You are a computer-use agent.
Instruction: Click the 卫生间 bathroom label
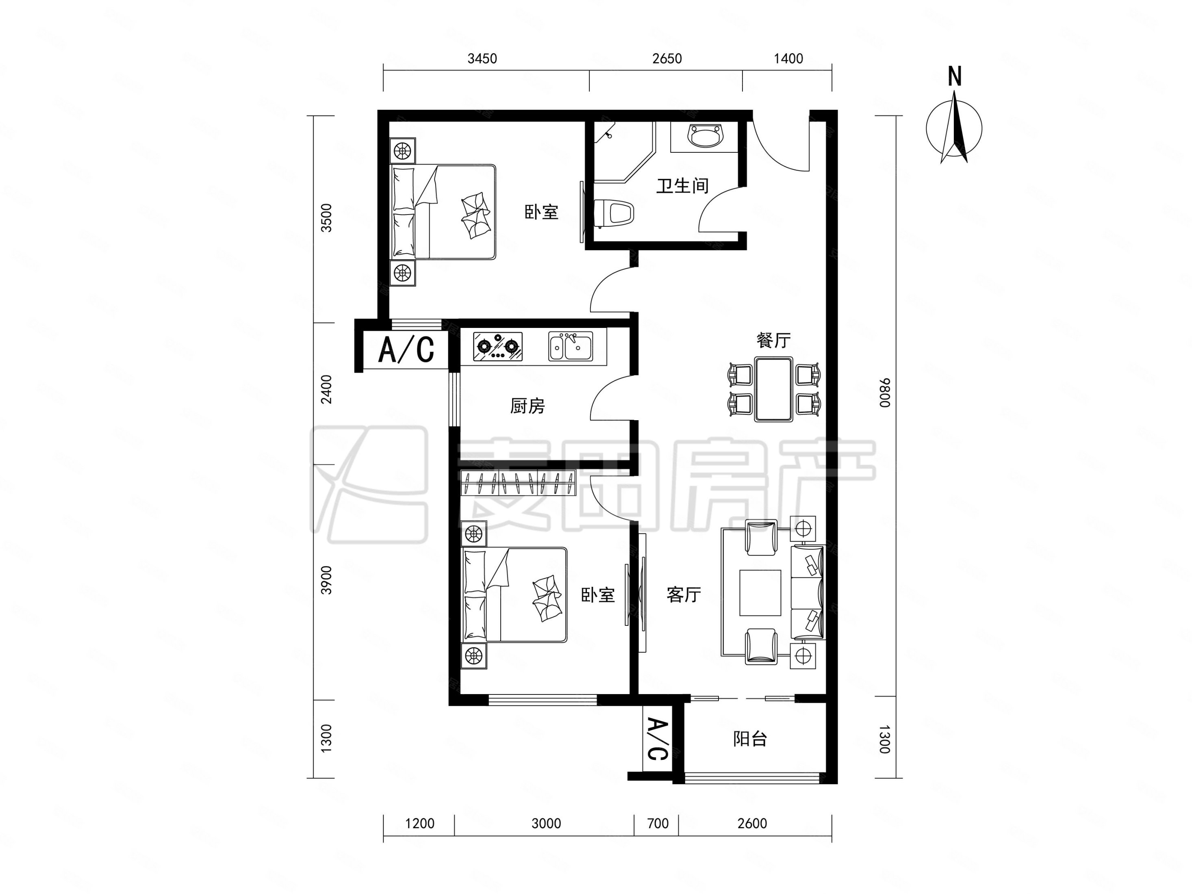682,186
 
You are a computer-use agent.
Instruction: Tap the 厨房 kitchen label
528,406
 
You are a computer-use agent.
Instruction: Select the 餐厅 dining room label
773,340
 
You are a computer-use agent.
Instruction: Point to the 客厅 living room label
684,595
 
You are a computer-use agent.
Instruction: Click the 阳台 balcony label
750,739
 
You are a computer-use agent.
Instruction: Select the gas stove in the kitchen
497,346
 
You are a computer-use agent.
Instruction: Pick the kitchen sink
571,346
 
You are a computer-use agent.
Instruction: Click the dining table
774,389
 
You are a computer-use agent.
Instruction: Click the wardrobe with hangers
519,482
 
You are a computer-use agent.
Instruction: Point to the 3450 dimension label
482,58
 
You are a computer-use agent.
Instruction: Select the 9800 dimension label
885,393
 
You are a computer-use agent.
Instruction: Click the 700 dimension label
658,823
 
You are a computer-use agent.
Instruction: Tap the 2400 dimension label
327,389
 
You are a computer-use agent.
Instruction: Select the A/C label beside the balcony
657,739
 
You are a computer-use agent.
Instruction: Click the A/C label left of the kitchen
406,350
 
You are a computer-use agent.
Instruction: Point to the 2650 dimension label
667,58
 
